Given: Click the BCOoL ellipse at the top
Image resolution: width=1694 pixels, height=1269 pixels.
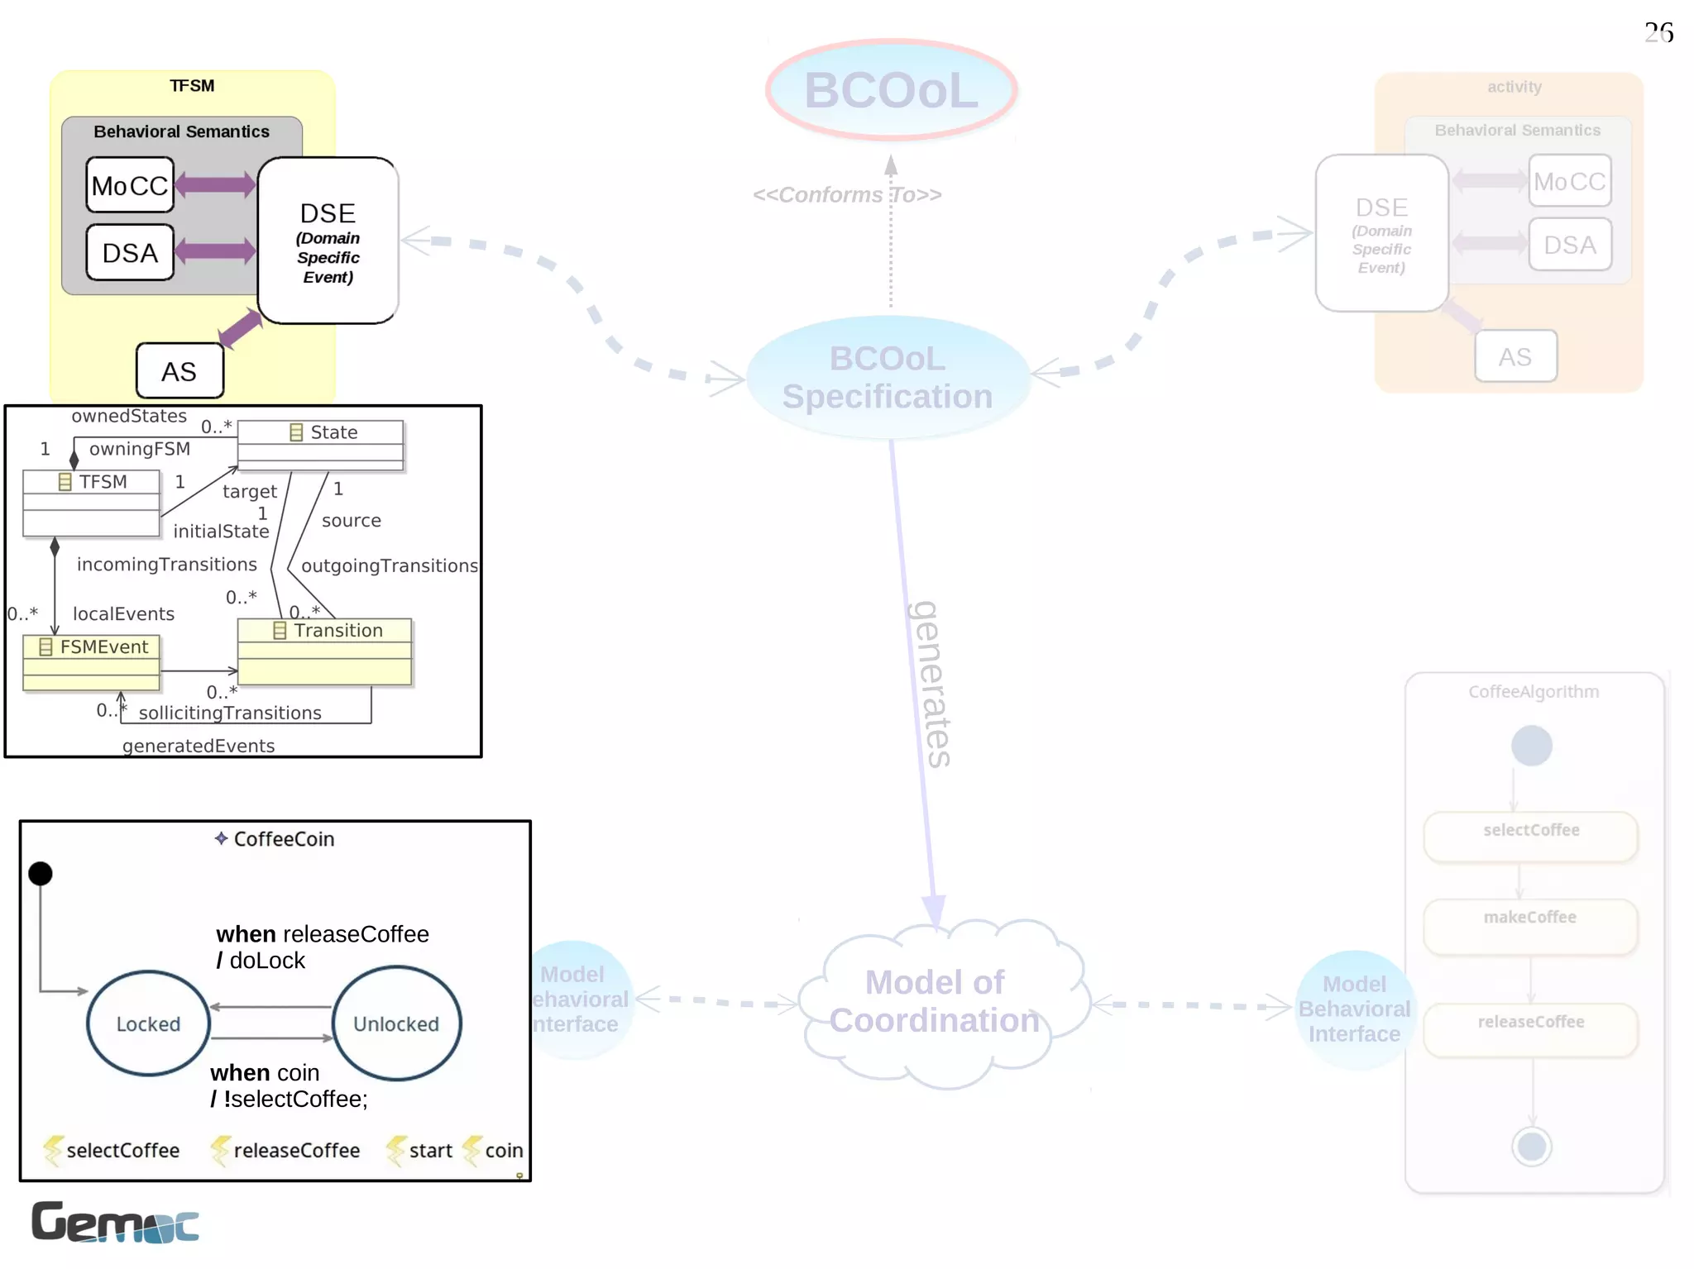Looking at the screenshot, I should [891, 89].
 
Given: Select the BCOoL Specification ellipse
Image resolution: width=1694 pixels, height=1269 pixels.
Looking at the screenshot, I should [888, 378].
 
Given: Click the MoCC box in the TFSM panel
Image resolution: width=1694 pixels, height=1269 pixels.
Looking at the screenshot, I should [130, 185].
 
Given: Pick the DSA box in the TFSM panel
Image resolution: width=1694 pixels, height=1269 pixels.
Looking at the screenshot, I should [130, 252].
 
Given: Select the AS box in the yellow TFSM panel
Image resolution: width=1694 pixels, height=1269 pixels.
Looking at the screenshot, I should [179, 371].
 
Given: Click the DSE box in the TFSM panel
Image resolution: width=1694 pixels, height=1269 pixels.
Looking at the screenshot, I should [328, 241].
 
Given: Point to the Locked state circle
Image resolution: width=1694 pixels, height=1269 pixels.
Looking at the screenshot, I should [148, 1023].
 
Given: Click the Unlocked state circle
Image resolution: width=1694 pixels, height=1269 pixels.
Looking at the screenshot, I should [396, 1023].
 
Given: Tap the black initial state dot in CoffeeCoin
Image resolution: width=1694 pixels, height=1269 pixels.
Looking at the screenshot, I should [40, 873].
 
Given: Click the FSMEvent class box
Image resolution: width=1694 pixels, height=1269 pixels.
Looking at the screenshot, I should [91, 661].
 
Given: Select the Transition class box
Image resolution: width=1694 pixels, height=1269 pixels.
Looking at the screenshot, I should [324, 651].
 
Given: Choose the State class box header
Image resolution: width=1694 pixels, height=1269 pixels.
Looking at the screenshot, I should [321, 432].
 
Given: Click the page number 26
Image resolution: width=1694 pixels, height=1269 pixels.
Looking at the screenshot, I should [1658, 33].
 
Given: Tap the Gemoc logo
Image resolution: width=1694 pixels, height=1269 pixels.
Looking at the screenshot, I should [115, 1222].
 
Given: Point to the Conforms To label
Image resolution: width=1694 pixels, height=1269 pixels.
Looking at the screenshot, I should [847, 195].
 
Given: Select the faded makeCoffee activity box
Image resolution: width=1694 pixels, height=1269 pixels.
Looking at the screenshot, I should [1530, 925].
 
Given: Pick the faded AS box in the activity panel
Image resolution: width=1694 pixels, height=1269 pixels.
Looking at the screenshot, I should [1515, 356].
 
